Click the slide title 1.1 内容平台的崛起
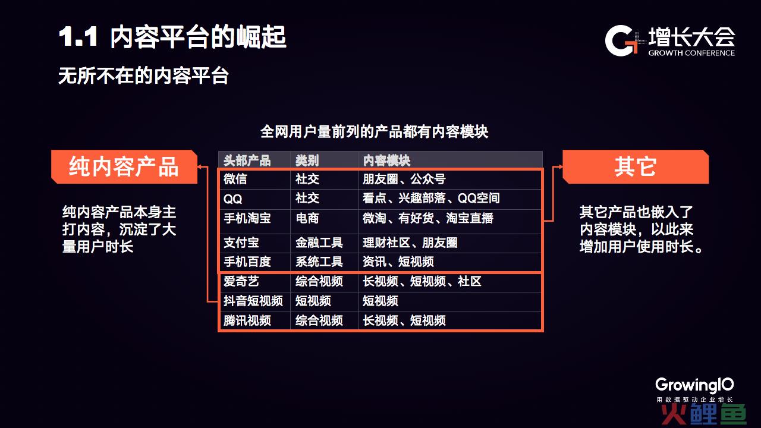(x=172, y=37)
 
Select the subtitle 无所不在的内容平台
(x=143, y=75)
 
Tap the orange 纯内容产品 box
(x=124, y=167)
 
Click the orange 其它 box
(x=636, y=167)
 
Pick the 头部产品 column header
(x=247, y=160)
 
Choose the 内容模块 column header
(x=386, y=160)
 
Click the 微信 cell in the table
(x=235, y=179)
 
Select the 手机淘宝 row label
(x=247, y=218)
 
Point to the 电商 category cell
(x=307, y=218)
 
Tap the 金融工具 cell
(x=319, y=243)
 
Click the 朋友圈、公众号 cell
(x=404, y=179)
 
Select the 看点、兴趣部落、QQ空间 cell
(x=431, y=198)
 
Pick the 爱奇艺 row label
(x=241, y=281)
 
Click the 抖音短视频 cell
(x=253, y=301)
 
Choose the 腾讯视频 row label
(x=247, y=320)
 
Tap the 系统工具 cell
(x=319, y=262)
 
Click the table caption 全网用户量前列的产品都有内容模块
(x=375, y=132)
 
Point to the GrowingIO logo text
(x=694, y=385)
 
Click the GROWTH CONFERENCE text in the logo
(x=691, y=53)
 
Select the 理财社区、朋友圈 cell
(x=410, y=243)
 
